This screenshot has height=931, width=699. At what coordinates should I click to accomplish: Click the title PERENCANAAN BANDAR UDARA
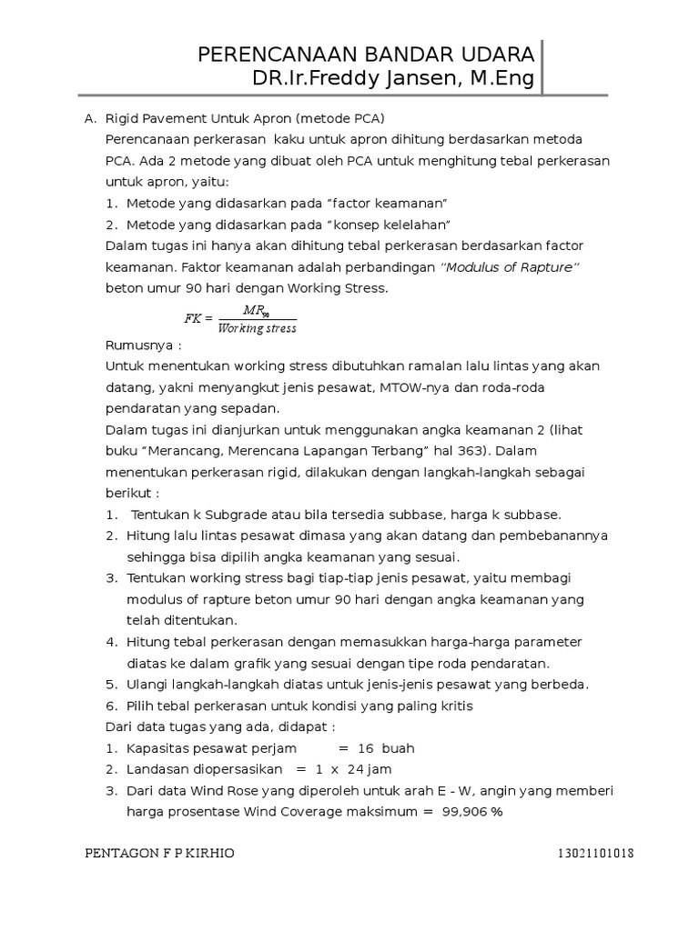coord(366,55)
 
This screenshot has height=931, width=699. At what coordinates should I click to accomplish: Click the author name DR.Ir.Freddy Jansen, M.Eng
coord(394,79)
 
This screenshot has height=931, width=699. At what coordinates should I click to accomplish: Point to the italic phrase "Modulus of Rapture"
coord(510,267)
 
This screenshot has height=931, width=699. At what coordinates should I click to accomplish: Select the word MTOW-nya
coord(418,387)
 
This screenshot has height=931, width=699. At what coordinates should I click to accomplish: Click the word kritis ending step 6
coord(454,706)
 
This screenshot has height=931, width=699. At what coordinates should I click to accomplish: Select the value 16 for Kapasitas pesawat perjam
coord(366,748)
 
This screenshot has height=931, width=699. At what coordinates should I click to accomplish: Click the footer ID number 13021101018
coord(596,854)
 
